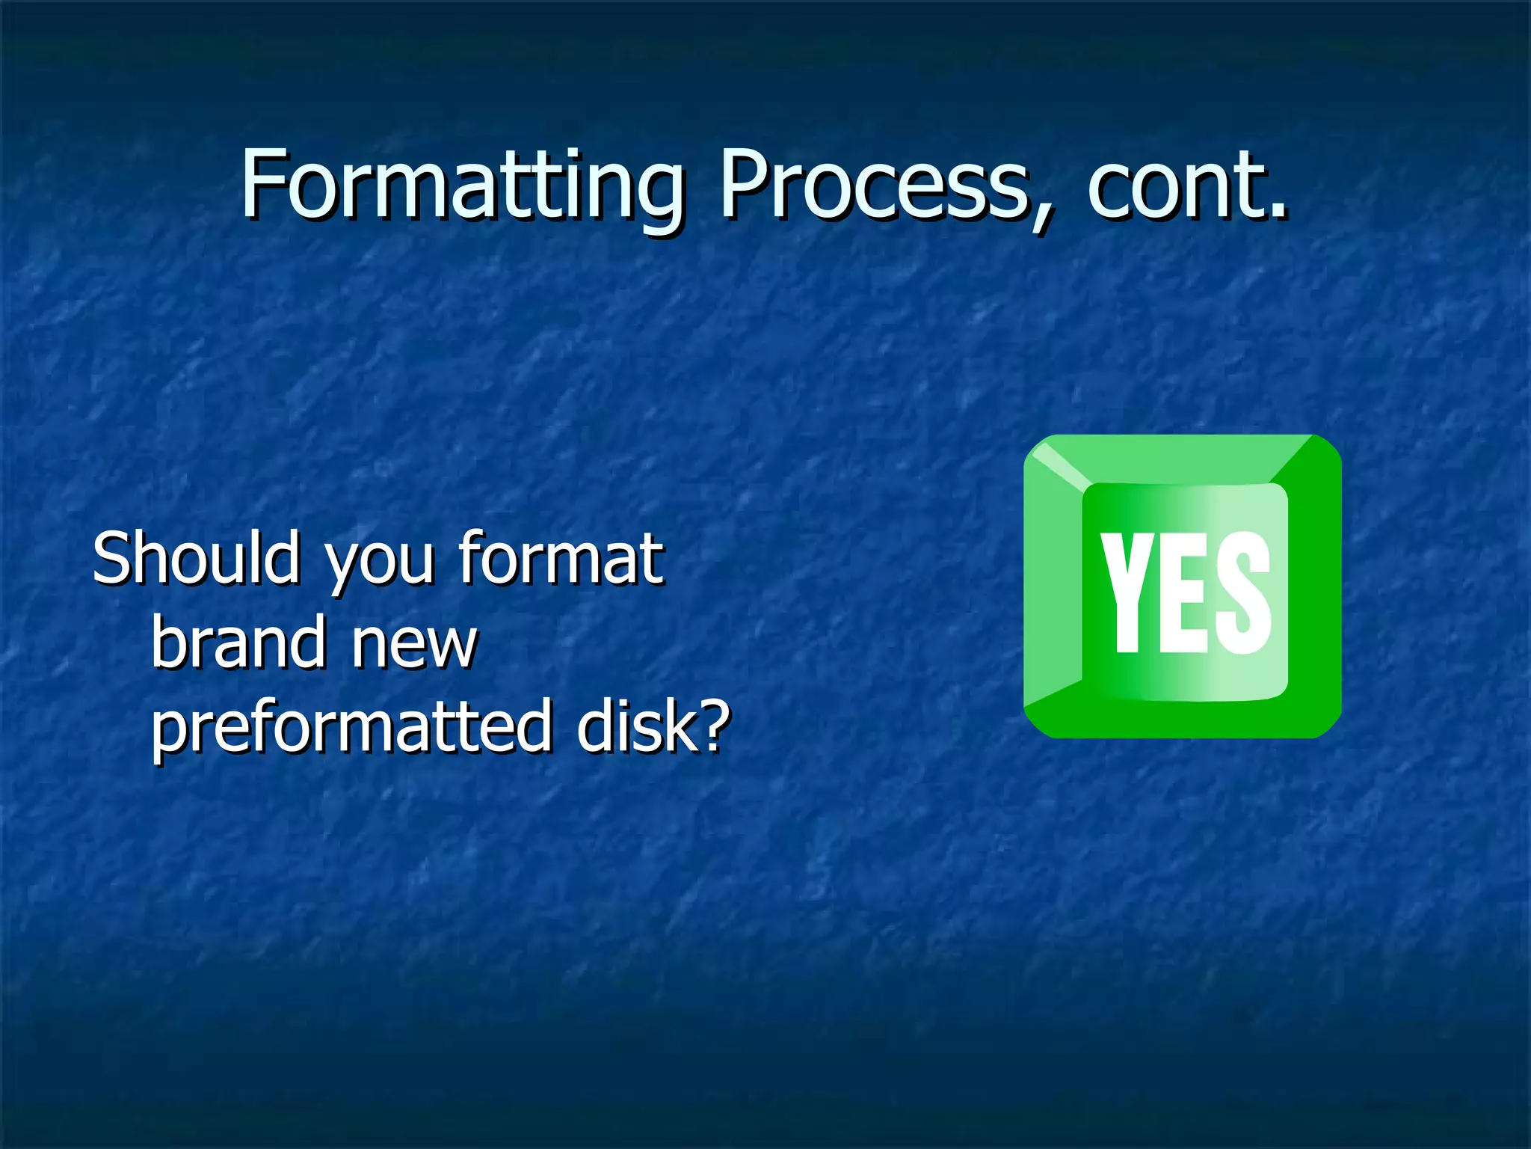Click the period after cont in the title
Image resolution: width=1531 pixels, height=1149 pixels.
click(x=1279, y=215)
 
